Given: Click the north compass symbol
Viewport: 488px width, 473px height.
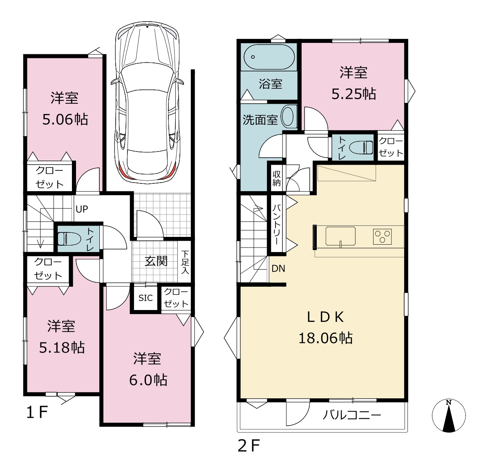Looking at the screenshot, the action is [448, 415].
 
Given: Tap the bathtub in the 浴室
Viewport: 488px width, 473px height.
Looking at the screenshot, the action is [269, 57].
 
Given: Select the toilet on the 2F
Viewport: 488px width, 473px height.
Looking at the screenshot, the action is [361, 147].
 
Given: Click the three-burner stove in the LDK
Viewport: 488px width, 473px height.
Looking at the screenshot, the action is [383, 237].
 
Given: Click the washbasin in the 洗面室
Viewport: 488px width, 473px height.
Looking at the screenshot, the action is [287, 117].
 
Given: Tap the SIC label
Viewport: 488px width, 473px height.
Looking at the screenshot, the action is [146, 298].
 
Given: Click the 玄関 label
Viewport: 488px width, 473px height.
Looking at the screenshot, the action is [156, 261].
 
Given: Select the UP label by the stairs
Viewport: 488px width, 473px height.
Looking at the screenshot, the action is [82, 209].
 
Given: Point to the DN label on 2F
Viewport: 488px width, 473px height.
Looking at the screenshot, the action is [278, 268].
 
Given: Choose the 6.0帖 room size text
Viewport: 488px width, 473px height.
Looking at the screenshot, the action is [148, 380].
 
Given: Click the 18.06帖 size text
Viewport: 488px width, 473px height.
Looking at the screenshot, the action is [326, 338].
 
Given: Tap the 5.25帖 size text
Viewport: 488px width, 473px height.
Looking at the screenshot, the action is [354, 94].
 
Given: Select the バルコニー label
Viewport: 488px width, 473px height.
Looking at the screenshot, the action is [352, 415].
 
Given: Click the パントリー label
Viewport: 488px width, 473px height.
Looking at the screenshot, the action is [277, 224].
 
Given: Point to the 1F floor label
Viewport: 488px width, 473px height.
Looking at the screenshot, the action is [37, 413].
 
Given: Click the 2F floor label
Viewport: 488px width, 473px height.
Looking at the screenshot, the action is [248, 446].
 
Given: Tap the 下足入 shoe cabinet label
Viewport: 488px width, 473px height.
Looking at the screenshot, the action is [185, 262].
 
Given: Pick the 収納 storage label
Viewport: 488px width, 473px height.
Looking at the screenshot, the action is [276, 178].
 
